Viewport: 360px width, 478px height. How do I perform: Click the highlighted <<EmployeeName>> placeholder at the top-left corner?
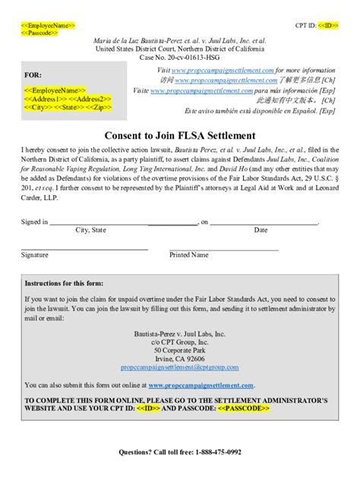(x=47, y=26)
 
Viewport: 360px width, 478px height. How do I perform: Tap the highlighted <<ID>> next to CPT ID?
(x=328, y=26)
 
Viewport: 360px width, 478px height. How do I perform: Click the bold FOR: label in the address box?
(x=33, y=76)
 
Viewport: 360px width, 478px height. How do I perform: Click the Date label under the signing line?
(x=261, y=229)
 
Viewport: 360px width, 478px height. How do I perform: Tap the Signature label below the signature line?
(x=34, y=255)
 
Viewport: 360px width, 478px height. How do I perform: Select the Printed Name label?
(x=188, y=255)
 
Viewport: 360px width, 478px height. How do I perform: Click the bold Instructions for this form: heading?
(x=65, y=283)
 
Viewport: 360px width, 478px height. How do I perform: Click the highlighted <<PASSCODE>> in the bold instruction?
(x=244, y=407)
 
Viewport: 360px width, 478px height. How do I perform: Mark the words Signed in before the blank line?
(x=33, y=222)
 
